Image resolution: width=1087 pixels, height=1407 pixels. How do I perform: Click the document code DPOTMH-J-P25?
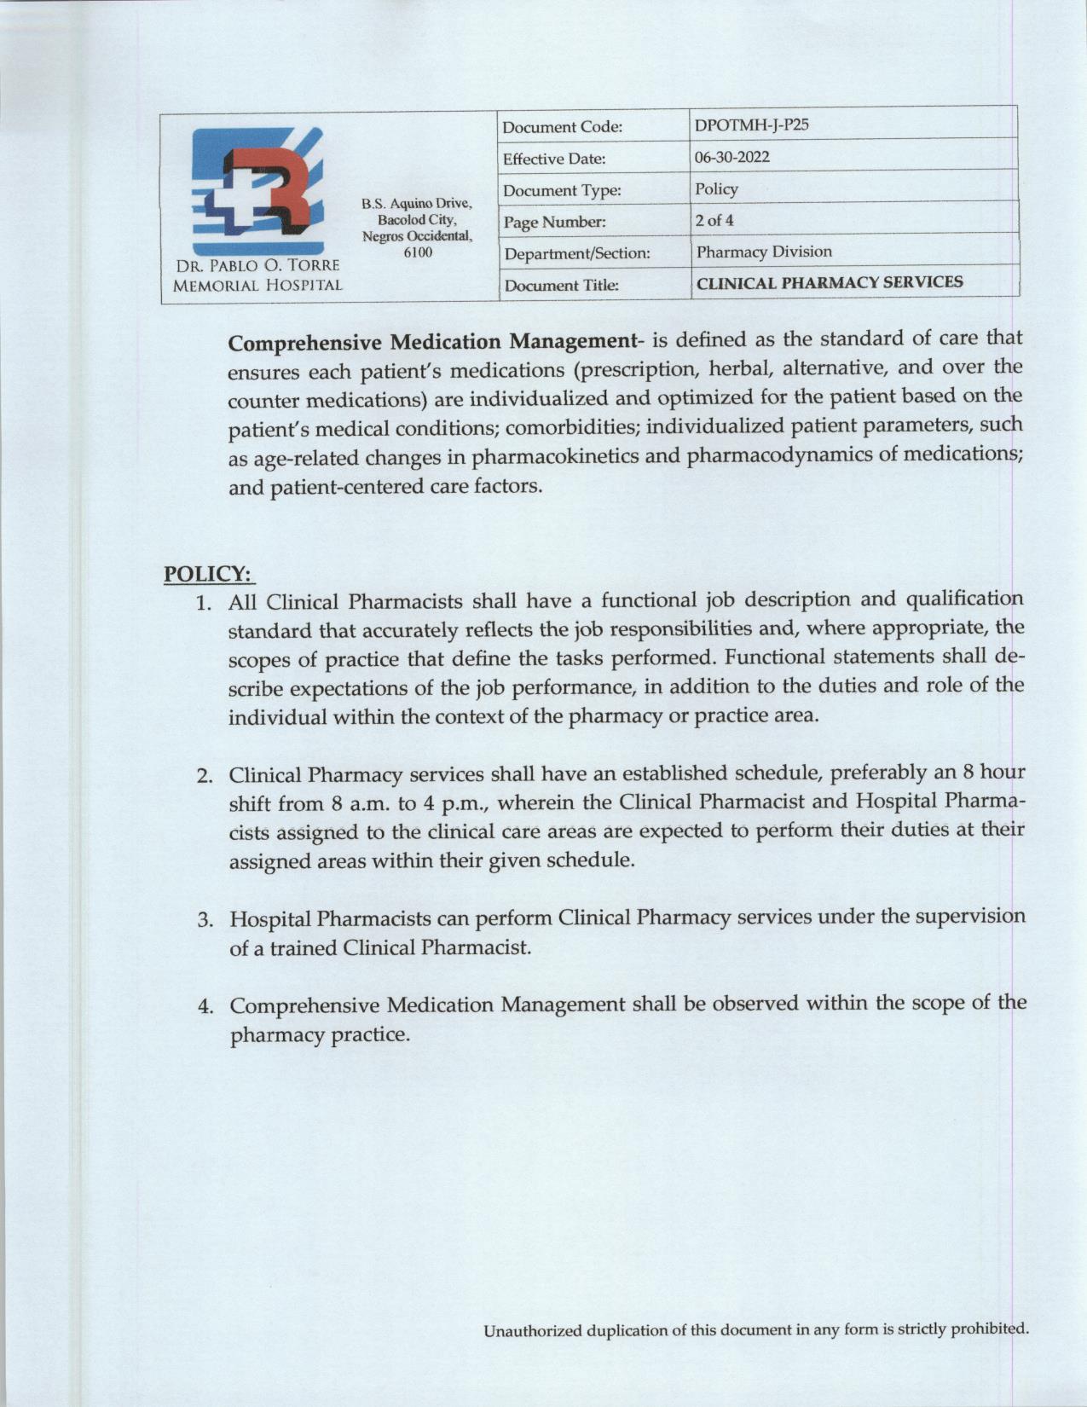[x=751, y=124]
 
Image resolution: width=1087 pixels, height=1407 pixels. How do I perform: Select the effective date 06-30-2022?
[x=732, y=157]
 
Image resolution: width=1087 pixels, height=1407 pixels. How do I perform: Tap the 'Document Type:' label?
[x=561, y=190]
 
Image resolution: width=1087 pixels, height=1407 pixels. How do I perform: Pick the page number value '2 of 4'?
[x=714, y=220]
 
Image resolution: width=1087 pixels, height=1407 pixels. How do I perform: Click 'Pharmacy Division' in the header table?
[x=764, y=252]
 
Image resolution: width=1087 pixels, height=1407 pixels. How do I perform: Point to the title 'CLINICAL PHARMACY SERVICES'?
[x=830, y=282]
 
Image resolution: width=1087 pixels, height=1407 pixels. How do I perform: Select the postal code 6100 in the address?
[x=417, y=252]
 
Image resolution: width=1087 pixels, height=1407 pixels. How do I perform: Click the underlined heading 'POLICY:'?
[x=209, y=574]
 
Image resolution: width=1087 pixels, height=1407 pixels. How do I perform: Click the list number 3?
[x=205, y=920]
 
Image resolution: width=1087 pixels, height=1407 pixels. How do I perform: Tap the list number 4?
[x=205, y=1006]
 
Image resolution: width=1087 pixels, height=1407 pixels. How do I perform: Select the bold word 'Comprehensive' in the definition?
[x=305, y=343]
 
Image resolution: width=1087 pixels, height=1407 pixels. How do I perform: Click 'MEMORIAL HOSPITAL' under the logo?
[x=257, y=286]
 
